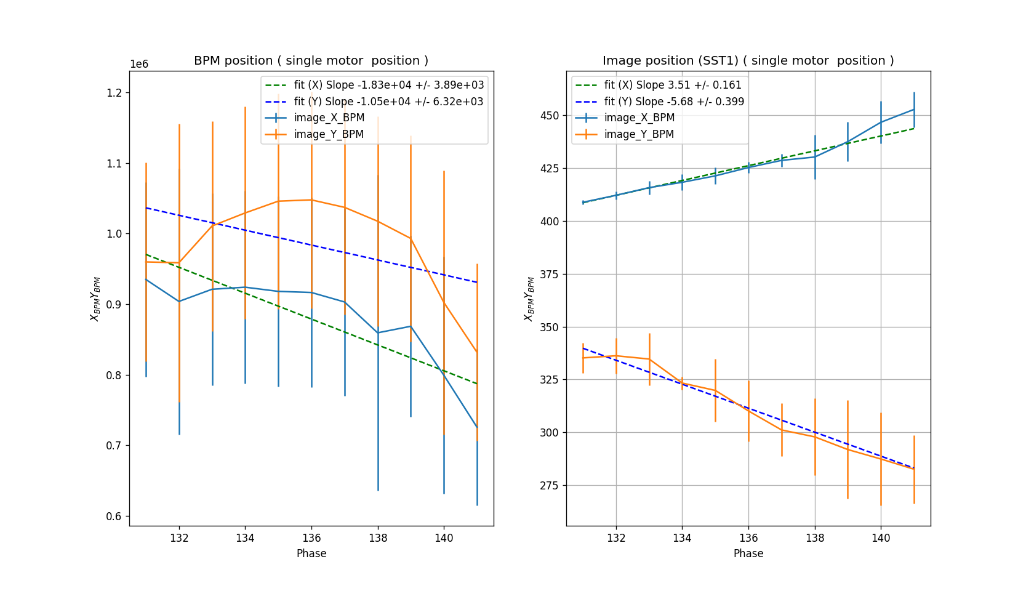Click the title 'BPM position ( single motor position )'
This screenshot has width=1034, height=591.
point(311,60)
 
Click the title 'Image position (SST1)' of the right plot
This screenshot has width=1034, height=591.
point(748,60)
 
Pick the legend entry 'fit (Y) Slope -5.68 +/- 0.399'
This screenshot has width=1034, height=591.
point(674,102)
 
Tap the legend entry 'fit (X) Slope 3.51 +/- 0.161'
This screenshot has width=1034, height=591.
point(673,85)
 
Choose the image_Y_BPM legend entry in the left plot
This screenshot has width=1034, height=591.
point(329,134)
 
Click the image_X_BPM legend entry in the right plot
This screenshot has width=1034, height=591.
point(639,118)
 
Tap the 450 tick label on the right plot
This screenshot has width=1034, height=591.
point(549,116)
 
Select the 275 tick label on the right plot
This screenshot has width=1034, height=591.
point(549,486)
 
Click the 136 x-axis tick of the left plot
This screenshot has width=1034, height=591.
point(311,538)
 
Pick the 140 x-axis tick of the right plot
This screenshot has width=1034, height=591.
point(881,538)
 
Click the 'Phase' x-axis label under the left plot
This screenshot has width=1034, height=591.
point(311,553)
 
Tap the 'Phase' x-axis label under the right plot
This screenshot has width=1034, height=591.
point(748,553)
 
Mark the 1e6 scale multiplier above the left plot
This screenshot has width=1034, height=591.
point(139,65)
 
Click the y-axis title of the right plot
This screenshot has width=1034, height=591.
point(529,299)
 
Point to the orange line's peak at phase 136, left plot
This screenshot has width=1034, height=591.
point(311,199)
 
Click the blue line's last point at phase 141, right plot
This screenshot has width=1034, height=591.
point(914,110)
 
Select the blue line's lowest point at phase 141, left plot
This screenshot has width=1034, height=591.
point(477,427)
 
